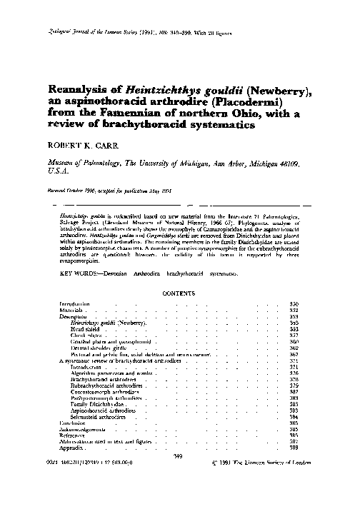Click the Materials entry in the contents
74,311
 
